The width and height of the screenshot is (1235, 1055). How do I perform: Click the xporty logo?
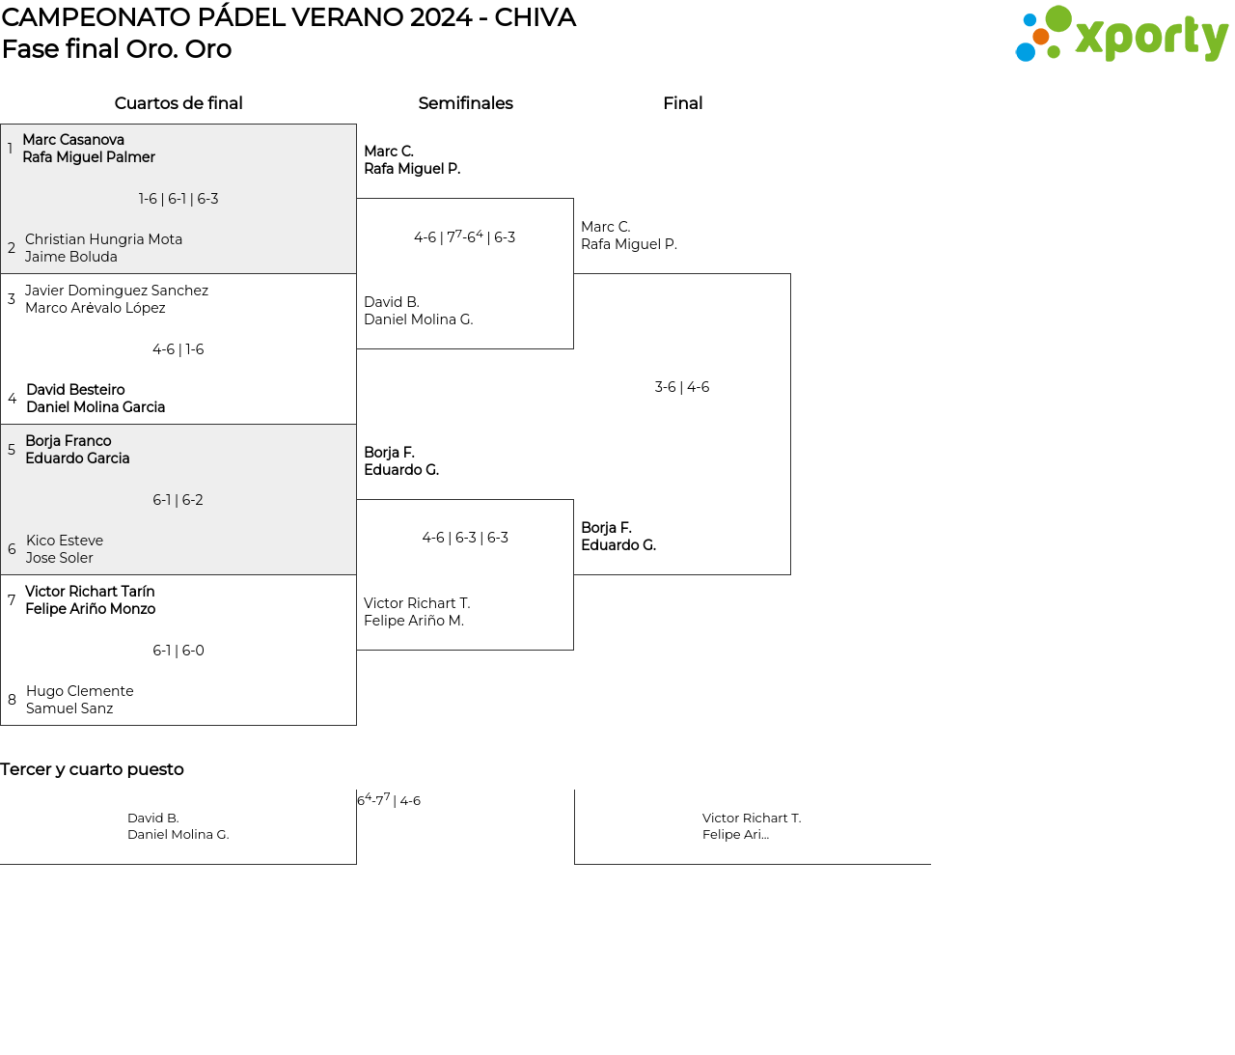tap(1121, 35)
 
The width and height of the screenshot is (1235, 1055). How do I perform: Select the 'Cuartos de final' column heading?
tap(178, 103)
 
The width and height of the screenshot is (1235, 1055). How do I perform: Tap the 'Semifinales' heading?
tap(465, 103)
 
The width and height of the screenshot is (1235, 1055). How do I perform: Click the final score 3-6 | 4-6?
tap(682, 387)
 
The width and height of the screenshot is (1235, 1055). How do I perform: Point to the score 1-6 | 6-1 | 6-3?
tap(178, 199)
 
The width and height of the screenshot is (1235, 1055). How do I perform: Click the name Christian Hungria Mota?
tap(103, 239)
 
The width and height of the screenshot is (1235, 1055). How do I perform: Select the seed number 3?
tap(12, 299)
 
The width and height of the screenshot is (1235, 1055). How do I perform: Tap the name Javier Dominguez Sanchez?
tap(117, 291)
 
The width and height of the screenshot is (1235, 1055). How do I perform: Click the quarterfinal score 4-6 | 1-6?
tap(178, 349)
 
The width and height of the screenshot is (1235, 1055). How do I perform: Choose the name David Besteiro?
tap(75, 390)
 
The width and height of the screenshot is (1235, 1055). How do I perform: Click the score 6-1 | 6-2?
tap(178, 500)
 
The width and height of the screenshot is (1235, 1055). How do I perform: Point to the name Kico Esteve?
tap(65, 541)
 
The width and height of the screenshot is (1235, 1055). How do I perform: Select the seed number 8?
tap(12, 700)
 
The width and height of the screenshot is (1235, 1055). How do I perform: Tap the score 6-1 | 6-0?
tap(178, 651)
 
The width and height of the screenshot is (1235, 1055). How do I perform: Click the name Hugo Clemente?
tap(80, 691)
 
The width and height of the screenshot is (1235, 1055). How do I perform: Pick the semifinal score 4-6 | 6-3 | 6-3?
tap(465, 538)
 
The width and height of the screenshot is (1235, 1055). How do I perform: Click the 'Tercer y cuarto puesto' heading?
tap(92, 769)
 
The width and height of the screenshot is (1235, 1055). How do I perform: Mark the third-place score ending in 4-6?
tap(390, 800)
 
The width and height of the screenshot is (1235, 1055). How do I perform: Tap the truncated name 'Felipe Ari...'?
tap(735, 835)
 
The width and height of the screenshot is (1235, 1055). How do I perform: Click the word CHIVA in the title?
tap(535, 17)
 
